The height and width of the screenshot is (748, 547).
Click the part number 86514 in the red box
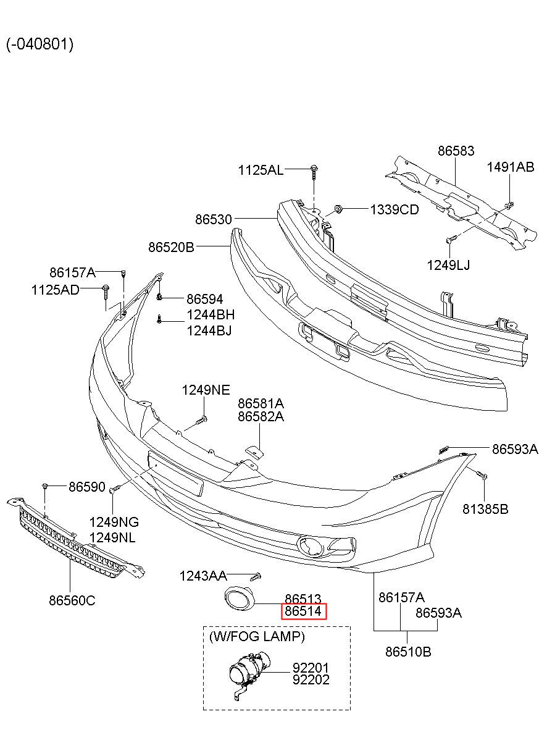[x=303, y=611]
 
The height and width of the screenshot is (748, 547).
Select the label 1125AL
[x=261, y=170]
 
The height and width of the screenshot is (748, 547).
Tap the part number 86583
[x=456, y=151]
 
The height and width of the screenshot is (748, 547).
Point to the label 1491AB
[x=510, y=167]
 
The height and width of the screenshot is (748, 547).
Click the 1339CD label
[x=395, y=210]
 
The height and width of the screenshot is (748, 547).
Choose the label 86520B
[x=171, y=247]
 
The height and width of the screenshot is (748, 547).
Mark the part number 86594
[x=204, y=299]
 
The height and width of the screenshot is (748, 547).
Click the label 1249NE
[x=206, y=390]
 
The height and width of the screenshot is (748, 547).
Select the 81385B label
[x=485, y=509]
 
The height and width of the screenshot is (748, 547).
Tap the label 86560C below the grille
[x=72, y=600]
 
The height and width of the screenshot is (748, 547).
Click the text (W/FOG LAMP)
[x=257, y=636]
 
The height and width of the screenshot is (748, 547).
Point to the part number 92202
[x=311, y=679]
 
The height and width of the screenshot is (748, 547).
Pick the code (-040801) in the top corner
[x=40, y=44]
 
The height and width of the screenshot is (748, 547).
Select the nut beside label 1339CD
[x=339, y=209]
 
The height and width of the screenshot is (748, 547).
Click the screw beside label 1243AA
[x=257, y=576]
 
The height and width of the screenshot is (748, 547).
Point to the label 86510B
[x=408, y=651]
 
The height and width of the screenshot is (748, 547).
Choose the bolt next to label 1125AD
[x=106, y=290]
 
